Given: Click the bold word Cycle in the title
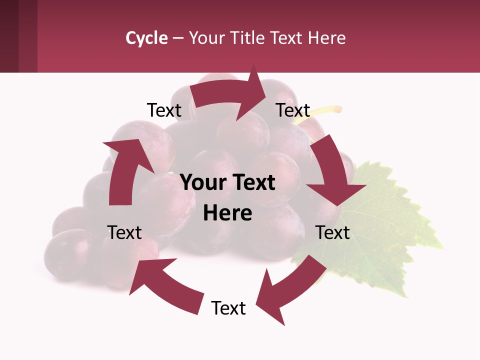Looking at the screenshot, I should (x=146, y=38).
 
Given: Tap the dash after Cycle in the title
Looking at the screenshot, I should (x=178, y=38).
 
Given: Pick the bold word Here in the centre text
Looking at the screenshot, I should (x=227, y=213).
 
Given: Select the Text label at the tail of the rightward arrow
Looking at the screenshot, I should (x=164, y=110).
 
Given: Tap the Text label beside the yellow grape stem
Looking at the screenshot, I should (x=293, y=110).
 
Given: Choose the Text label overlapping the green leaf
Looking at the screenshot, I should (x=332, y=232).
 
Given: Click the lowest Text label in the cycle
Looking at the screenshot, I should (x=228, y=308).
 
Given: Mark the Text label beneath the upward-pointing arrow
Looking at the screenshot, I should (x=124, y=232).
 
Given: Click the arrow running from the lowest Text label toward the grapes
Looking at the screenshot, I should (x=165, y=285).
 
